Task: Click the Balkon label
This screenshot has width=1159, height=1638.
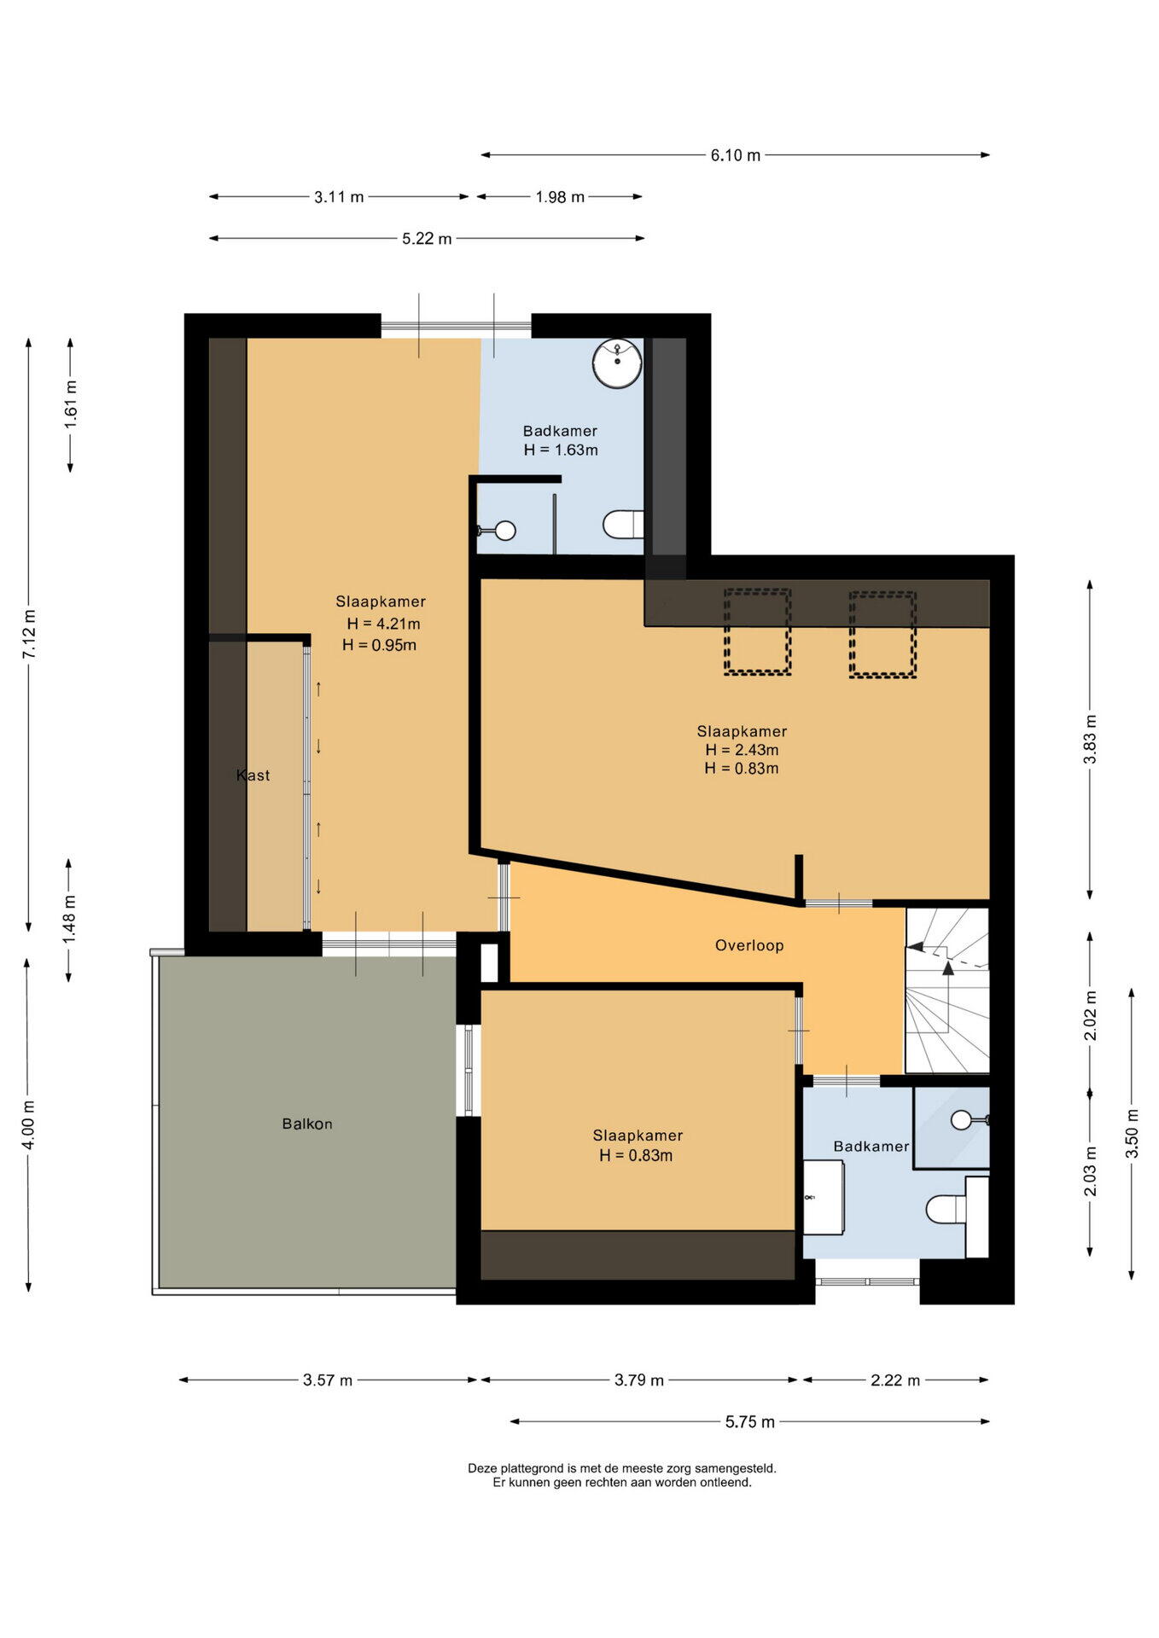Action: pyautogui.click(x=307, y=1124)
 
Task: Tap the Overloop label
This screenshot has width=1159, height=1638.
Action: pyautogui.click(x=749, y=945)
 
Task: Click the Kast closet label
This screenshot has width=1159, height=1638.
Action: pyautogui.click(x=253, y=775)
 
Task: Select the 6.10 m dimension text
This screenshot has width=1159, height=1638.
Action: pyautogui.click(x=736, y=155)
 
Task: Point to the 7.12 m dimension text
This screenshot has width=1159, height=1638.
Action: pyautogui.click(x=30, y=634)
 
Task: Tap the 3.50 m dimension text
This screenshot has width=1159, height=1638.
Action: pyautogui.click(x=1133, y=1132)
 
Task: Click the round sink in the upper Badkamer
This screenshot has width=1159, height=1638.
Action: pyautogui.click(x=617, y=363)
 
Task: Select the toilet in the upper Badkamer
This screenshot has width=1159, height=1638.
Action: pyautogui.click(x=623, y=525)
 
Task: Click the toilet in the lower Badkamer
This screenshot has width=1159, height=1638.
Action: pyautogui.click(x=946, y=1209)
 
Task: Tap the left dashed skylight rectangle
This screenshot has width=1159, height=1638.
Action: pyautogui.click(x=758, y=631)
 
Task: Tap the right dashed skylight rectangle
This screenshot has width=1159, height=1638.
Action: pyautogui.click(x=882, y=634)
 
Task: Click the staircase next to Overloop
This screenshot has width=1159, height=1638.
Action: pyautogui.click(x=947, y=990)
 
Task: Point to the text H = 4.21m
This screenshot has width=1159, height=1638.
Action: pyautogui.click(x=383, y=624)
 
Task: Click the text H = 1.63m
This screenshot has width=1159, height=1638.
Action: pyautogui.click(x=561, y=450)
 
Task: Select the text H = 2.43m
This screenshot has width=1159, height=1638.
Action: pyautogui.click(x=742, y=750)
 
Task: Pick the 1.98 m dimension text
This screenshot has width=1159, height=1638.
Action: pyautogui.click(x=560, y=197)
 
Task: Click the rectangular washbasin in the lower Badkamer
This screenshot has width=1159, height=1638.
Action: pyautogui.click(x=824, y=1196)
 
